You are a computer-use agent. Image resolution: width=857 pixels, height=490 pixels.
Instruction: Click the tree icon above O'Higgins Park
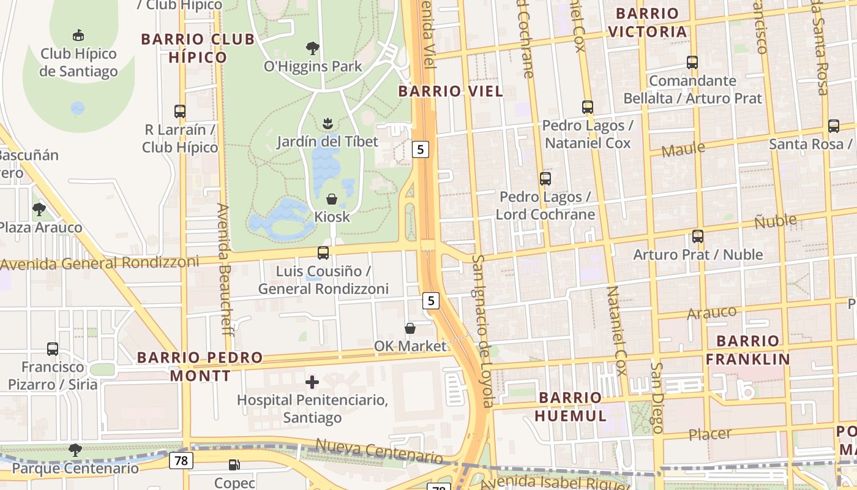pos(312,48)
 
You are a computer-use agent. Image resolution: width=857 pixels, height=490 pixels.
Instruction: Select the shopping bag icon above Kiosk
pos(332,199)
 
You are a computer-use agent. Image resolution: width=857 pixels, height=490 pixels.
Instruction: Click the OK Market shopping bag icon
pos(410,329)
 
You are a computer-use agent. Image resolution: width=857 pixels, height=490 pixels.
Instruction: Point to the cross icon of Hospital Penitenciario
pos(312,383)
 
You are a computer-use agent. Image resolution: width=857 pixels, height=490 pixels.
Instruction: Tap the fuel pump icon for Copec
pos(234,466)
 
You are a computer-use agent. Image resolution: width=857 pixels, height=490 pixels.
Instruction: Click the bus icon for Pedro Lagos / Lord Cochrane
pos(545,179)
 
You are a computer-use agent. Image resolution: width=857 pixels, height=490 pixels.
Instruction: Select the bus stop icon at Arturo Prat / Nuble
pos(698,236)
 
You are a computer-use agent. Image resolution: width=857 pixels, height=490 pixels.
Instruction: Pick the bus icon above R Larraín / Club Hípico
pos(180,111)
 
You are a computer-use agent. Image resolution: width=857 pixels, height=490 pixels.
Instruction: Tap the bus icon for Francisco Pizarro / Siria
pos(53,349)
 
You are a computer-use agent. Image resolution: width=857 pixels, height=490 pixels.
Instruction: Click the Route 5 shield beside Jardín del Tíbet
pos(421,149)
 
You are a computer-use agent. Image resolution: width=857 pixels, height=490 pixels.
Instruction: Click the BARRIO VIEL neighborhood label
pos(451,91)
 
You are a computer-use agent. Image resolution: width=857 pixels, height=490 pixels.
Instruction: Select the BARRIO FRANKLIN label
pos(747,350)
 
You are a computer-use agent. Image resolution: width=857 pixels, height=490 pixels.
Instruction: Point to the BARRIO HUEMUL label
pos(571,407)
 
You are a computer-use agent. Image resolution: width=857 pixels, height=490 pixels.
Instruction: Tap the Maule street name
pos(683,149)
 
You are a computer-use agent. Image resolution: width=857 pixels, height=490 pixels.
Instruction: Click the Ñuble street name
pos(775,221)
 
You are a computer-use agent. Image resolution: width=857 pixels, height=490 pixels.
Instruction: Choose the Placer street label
pos(710,434)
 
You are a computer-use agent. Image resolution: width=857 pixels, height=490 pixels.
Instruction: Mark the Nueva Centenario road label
pos(379,451)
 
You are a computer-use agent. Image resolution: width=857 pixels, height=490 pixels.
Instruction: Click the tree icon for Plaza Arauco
pos(39,209)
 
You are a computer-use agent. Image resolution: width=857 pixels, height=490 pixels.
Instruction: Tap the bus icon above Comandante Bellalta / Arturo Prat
pos(692,62)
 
